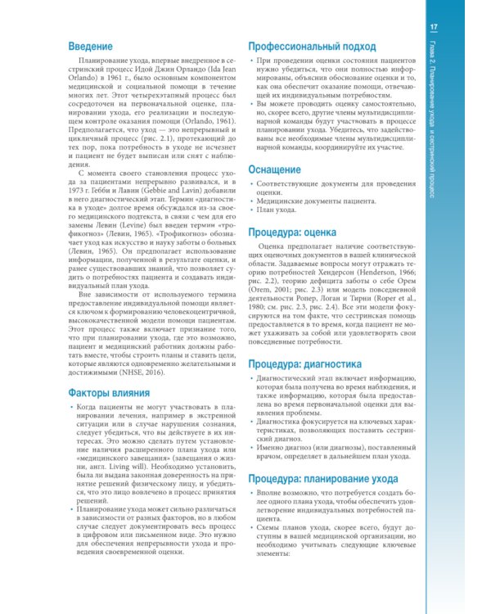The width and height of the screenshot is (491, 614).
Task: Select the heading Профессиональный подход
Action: pos(312,46)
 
